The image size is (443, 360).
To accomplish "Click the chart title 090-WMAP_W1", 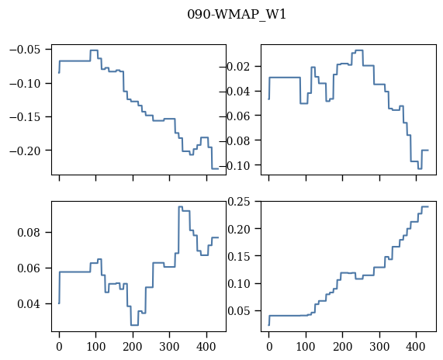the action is (x=237, y=14).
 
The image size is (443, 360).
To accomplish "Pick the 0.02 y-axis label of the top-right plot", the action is (x=238, y=67).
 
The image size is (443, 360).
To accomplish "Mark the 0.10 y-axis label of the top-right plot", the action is (x=238, y=165).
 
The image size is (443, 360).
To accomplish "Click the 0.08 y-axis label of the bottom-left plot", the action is (x=29, y=233).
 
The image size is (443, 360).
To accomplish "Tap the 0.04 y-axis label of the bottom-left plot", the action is (x=29, y=304).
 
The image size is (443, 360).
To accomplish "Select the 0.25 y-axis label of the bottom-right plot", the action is (x=239, y=202).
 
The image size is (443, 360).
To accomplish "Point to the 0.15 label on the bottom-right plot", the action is (x=239, y=256).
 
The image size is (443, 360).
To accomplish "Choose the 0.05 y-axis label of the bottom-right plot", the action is (x=239, y=311).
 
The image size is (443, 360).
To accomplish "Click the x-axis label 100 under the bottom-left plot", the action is (x=96, y=347).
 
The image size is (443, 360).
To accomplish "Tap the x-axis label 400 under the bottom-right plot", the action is (x=416, y=347).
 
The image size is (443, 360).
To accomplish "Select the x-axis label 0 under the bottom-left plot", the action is (x=59, y=347).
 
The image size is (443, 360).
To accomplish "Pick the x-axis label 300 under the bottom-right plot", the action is (x=379, y=347).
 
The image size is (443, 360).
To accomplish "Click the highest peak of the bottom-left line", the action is (x=181, y=206).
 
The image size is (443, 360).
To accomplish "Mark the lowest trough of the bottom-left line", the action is (x=134, y=325).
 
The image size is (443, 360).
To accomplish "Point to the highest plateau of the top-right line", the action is (x=359, y=50).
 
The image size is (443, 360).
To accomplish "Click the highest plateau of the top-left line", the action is (x=94, y=50).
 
